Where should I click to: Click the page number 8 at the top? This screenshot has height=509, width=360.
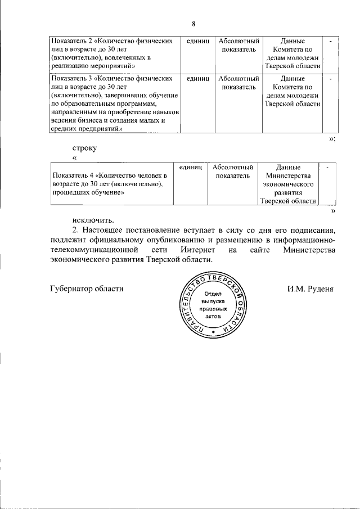click(x=193, y=24)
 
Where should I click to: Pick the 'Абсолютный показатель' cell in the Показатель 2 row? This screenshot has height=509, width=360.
click(x=238, y=46)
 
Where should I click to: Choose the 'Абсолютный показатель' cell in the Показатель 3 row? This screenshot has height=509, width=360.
click(x=238, y=83)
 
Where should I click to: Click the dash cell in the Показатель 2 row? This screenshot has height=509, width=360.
click(x=330, y=42)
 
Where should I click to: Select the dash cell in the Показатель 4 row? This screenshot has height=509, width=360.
click(x=326, y=168)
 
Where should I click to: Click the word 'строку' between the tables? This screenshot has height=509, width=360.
click(x=85, y=148)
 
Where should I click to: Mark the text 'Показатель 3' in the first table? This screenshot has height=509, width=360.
click(x=71, y=79)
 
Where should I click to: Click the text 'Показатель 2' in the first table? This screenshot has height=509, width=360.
click(x=71, y=42)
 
